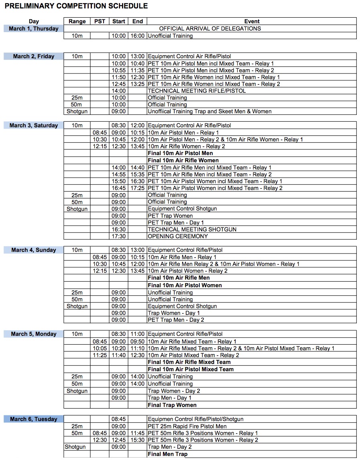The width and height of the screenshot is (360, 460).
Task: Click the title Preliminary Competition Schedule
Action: coord(76,6)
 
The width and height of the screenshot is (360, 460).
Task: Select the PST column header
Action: coord(100,21)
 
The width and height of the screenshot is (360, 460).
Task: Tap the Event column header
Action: coord(252,21)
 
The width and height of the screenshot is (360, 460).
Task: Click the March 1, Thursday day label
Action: coord(34,29)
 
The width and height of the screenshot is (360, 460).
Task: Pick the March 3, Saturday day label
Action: coord(34,125)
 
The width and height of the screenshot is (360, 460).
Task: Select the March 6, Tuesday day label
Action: coord(34,419)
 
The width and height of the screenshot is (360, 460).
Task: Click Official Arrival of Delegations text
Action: coord(210,29)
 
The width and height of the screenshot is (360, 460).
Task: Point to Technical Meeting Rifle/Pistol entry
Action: coord(197,91)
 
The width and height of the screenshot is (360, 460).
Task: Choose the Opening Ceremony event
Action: coord(178,236)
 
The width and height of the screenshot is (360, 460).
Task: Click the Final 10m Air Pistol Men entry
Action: coord(180,153)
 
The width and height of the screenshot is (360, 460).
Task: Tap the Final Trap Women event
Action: coord(172,405)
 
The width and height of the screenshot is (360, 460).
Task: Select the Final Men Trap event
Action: coord(167,454)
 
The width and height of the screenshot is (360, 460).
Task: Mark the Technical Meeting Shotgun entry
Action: coord(192,229)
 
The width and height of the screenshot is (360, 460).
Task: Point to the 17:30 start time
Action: coord(119,236)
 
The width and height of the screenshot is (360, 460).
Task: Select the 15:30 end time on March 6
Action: coord(137,440)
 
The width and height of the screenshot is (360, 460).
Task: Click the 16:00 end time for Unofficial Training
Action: coord(137,36)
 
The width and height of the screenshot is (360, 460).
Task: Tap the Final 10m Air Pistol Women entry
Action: coord(185,285)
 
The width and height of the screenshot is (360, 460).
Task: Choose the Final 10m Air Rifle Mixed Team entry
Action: coord(189,362)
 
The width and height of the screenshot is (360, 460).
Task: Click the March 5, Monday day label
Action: coord(34,334)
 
